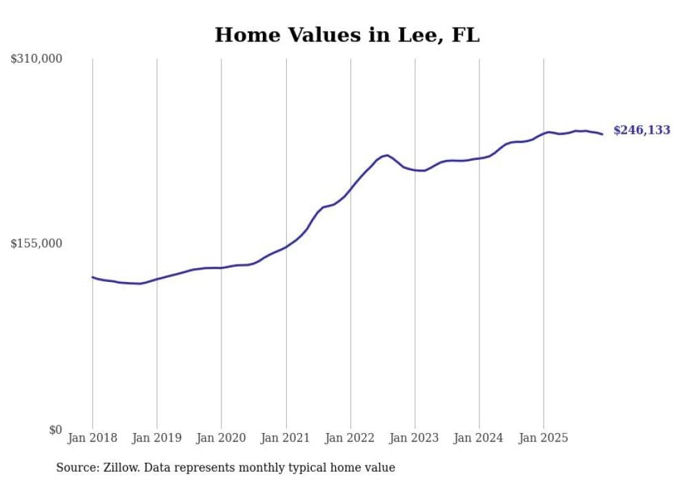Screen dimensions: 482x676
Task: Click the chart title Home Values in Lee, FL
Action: (x=346, y=35)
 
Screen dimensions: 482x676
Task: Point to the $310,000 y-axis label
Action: (x=36, y=59)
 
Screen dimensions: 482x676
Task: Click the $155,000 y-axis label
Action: (x=36, y=243)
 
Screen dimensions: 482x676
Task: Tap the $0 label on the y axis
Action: (x=55, y=430)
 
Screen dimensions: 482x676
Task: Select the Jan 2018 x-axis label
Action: (x=92, y=438)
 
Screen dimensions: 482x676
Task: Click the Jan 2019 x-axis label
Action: (x=157, y=438)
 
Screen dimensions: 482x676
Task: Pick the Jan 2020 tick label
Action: (x=221, y=438)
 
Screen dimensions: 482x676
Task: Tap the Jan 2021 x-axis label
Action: (x=286, y=438)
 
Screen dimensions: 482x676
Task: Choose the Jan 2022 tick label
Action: (x=350, y=438)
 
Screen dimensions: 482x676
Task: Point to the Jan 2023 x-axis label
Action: (x=415, y=438)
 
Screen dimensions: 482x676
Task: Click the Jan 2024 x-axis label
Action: (x=479, y=438)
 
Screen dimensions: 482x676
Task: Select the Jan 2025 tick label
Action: (x=544, y=438)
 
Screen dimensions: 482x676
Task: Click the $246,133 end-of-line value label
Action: (x=642, y=130)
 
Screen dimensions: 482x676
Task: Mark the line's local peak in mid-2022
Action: (x=387, y=155)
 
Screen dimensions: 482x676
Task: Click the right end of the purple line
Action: (x=602, y=134)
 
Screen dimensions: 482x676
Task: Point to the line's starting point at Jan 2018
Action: (x=92, y=277)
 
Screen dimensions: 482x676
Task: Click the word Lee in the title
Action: (x=415, y=35)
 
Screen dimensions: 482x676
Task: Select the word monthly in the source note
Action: (x=262, y=468)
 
